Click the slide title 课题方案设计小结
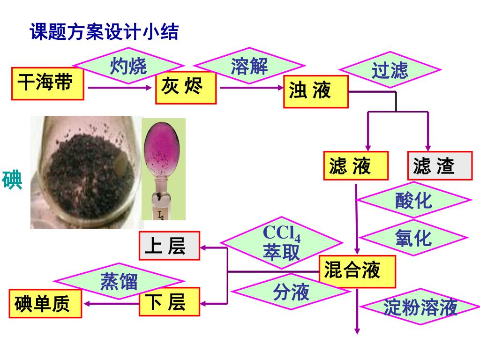tap(104, 32)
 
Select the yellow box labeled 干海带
tap(47, 84)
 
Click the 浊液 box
tap(315, 91)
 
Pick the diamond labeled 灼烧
tap(128, 66)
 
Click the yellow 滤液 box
tap(355, 166)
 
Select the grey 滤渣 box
tap(439, 166)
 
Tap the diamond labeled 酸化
tap(413, 200)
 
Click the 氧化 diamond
tap(413, 238)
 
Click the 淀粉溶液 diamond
tap(420, 307)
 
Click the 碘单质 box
tap(45, 304)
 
